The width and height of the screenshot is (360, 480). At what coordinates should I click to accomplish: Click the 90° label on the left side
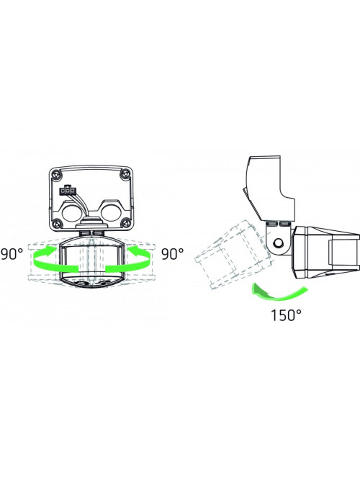12,254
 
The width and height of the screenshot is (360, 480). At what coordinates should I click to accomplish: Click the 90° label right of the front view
173,254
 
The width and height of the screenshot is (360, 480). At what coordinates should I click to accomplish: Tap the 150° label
286,315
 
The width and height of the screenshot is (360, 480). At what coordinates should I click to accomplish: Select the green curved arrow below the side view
277,293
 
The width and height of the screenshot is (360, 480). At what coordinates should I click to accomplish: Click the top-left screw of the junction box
55,174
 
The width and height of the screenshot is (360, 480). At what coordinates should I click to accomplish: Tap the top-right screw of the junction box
125,174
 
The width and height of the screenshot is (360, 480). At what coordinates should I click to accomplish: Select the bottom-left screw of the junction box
56,222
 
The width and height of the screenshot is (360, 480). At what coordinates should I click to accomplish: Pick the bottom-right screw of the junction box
125,222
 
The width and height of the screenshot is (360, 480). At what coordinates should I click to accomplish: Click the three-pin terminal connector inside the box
67,191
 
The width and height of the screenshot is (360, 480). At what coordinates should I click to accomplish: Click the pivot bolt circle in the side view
278,243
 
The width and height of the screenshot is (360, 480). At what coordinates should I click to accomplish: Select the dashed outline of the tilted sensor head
233,253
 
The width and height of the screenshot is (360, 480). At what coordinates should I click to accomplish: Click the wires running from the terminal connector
81,205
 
